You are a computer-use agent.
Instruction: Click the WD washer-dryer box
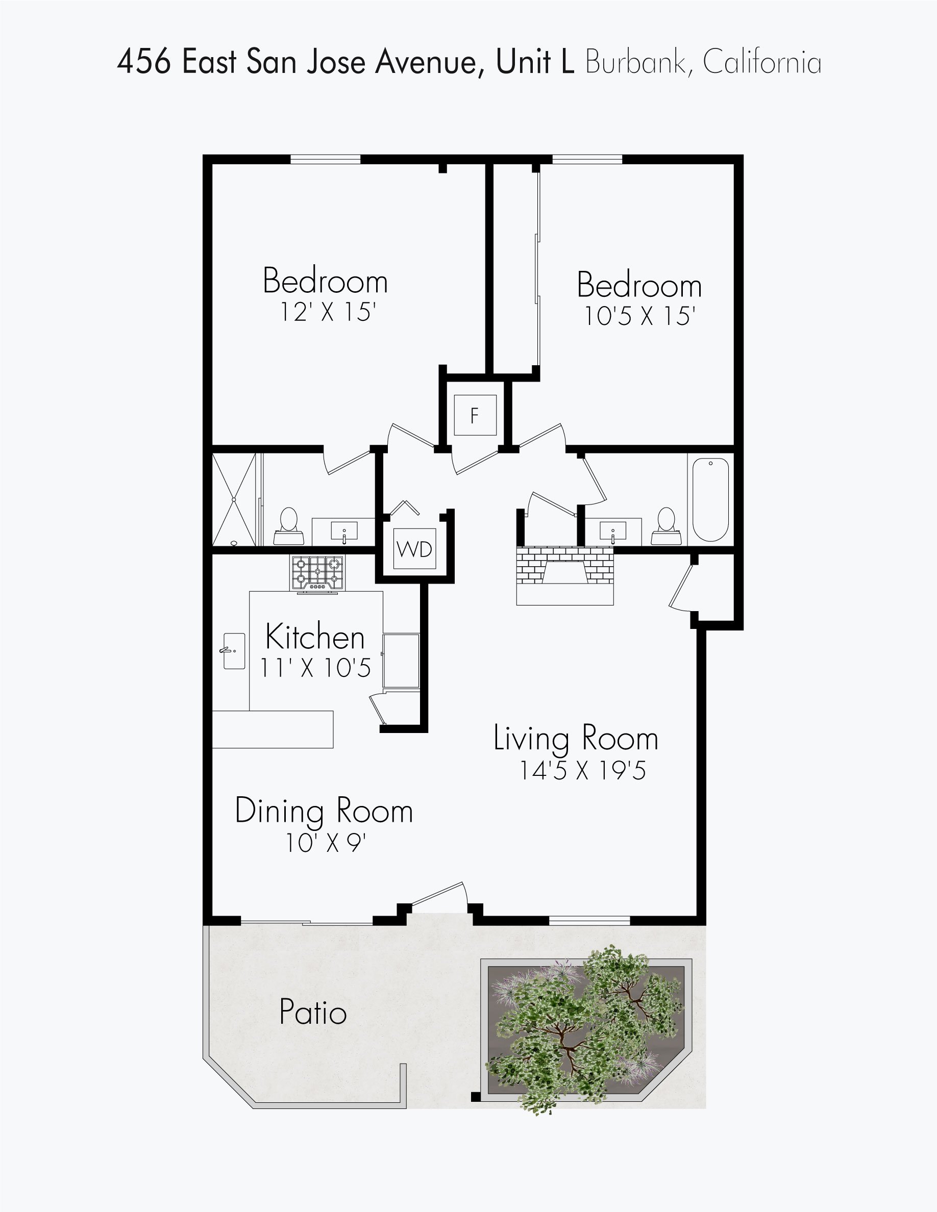coord(414,549)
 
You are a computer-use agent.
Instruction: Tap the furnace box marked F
coord(475,415)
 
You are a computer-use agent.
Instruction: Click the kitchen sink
coord(234,650)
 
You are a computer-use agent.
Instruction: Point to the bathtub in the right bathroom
coord(710,500)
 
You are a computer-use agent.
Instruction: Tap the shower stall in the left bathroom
coord(234,499)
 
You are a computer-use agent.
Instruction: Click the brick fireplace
coord(564,574)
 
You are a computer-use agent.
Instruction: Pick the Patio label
coord(313,1011)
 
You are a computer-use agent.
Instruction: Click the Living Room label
coord(576,739)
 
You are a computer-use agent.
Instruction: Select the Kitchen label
coord(315,637)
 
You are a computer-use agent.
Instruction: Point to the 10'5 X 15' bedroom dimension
coord(639,316)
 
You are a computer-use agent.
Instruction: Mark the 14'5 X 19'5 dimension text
coord(582,770)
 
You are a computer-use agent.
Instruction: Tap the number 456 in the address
coord(144,62)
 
